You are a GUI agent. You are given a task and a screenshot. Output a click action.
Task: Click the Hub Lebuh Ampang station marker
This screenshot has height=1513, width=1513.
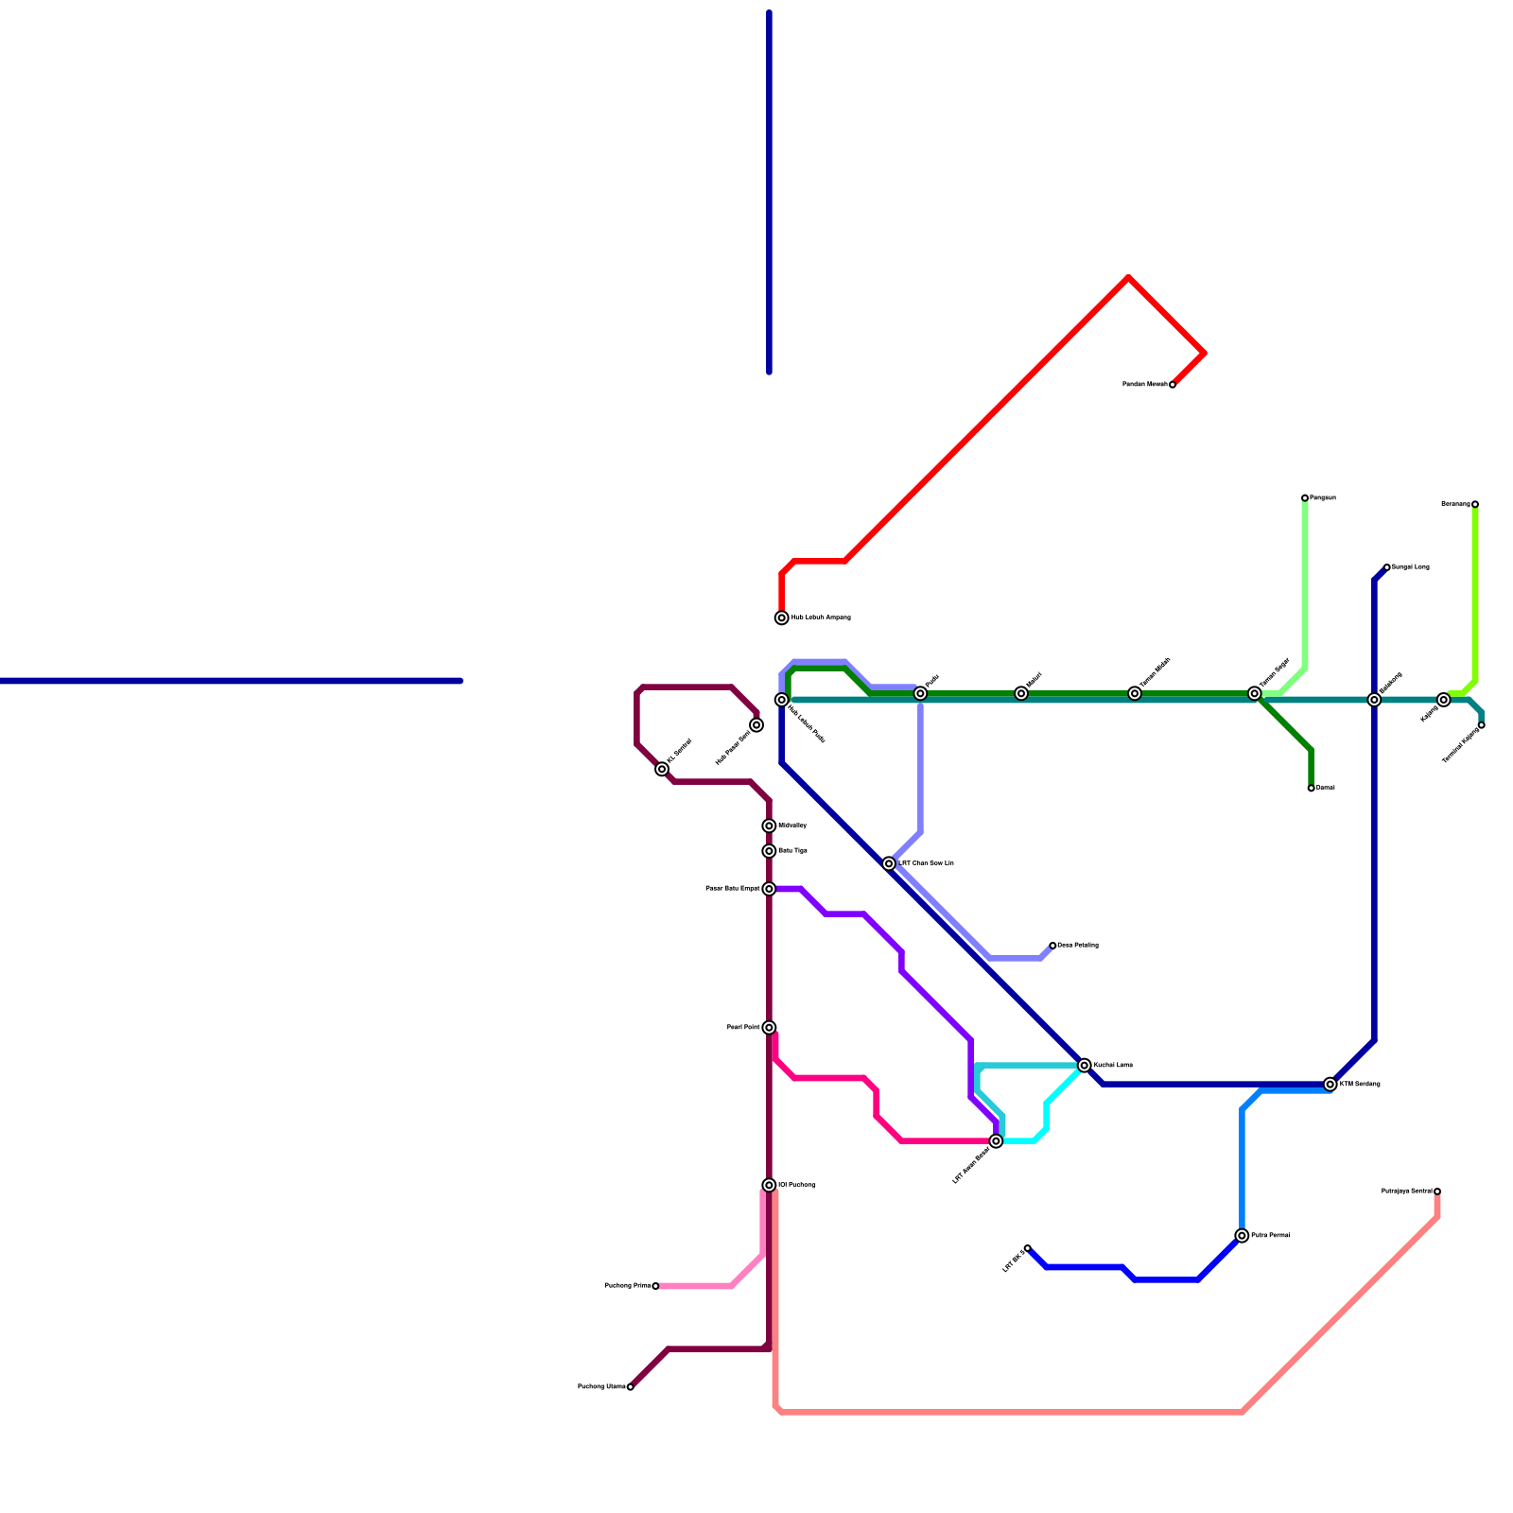pyautogui.click(x=782, y=618)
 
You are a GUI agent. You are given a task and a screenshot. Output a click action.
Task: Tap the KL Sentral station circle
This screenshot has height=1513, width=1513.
pyautogui.click(x=662, y=770)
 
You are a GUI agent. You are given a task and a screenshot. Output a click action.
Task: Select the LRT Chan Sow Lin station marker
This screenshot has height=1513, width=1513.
pyautogui.click(x=889, y=863)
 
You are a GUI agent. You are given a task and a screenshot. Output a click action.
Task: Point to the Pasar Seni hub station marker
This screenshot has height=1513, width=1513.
pyautogui.click(x=756, y=725)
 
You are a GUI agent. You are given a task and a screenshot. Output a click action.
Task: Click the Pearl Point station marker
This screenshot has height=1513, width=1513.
pyautogui.click(x=770, y=1028)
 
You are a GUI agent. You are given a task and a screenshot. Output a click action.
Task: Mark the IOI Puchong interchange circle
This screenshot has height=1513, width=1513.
pyautogui.click(x=770, y=1186)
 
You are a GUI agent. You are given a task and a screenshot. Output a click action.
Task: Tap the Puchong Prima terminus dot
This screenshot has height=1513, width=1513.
pyautogui.click(x=655, y=1286)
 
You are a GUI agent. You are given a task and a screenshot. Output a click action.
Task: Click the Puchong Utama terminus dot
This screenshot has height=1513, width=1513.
pyautogui.click(x=631, y=1387)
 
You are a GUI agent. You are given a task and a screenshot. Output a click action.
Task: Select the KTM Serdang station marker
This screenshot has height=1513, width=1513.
pyautogui.click(x=1330, y=1085)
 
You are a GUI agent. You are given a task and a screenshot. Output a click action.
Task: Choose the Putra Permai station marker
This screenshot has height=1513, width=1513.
pyautogui.click(x=1243, y=1236)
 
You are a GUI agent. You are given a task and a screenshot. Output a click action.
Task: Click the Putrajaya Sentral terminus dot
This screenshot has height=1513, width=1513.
pyautogui.click(x=1437, y=1191)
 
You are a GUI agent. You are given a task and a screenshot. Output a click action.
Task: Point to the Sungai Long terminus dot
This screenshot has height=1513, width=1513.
pyautogui.click(x=1387, y=567)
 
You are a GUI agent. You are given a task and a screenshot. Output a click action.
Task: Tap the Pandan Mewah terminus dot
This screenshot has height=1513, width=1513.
pyautogui.click(x=1173, y=385)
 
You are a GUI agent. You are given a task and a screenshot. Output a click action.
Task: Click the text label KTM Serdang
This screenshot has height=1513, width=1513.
pyautogui.click(x=1360, y=1085)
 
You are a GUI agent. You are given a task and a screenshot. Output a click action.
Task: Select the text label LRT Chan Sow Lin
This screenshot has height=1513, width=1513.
pyautogui.click(x=926, y=863)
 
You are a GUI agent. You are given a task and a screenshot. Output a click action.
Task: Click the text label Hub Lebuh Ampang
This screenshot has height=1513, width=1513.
pyautogui.click(x=821, y=618)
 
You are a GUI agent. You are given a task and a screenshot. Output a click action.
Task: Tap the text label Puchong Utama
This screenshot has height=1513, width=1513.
pyautogui.click(x=601, y=1387)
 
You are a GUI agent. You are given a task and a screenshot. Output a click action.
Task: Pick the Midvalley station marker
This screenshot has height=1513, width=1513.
pyautogui.click(x=770, y=826)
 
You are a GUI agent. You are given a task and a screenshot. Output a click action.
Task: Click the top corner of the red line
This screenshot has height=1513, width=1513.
pyautogui.click(x=1129, y=277)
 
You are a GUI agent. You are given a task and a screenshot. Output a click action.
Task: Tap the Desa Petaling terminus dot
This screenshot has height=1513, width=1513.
pyautogui.click(x=1052, y=946)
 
